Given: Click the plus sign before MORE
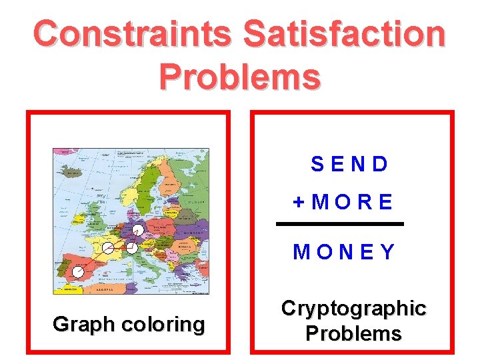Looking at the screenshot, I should coord(299,202).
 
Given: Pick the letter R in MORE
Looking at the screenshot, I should coord(365,202).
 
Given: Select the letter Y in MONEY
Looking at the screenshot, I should coord(387,252).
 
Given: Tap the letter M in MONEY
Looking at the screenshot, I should coord(301,252).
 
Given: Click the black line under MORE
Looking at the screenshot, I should coord(340,224).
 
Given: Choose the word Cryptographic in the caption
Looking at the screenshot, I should coord(353,308).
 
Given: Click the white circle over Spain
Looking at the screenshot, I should coord(79,271).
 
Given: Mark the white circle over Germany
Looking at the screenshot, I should coord(137,230).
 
